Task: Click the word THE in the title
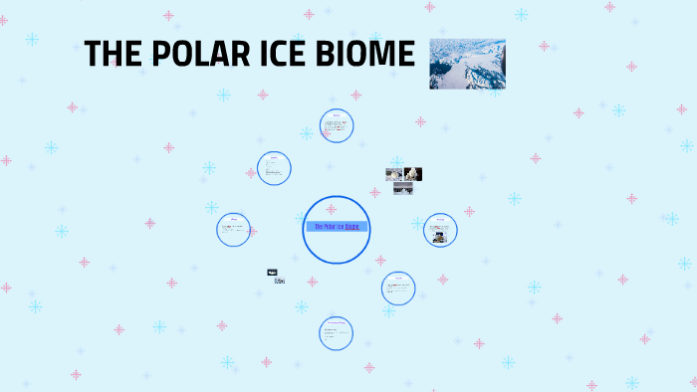pos(112,55)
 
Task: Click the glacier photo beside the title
pos(467,65)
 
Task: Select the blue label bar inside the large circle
pos(337,227)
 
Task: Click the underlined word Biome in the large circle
pos(351,227)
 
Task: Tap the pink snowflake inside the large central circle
pos(332,209)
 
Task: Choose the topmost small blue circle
pos(337,125)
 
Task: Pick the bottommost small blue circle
pos(337,333)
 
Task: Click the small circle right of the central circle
pos(440,230)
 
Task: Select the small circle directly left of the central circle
pos(234,230)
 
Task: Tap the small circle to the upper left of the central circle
pos(274,168)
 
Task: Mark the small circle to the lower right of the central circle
pos(398,289)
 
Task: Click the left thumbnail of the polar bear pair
pos(394,174)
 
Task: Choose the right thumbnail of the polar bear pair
pos(413,174)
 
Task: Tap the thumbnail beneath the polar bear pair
pos(402,188)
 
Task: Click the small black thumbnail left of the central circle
pos(272,272)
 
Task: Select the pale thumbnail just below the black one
pos(280,282)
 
